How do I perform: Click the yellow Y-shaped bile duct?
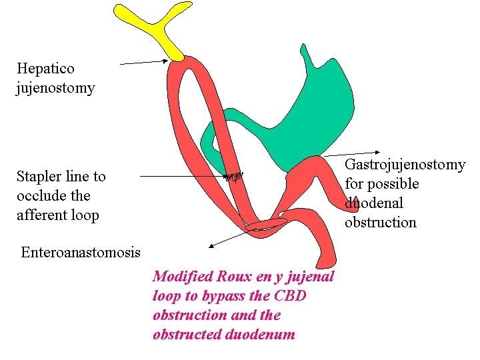[x=157, y=30]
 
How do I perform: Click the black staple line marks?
[x=234, y=177]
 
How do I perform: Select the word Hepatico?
[x=45, y=68]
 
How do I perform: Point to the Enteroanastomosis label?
[x=81, y=252]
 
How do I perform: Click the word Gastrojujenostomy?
[x=405, y=165]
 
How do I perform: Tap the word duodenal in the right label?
[x=373, y=203]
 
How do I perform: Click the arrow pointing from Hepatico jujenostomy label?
[x=144, y=62]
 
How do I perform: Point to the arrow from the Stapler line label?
[x=187, y=176]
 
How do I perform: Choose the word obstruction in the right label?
[x=381, y=222]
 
